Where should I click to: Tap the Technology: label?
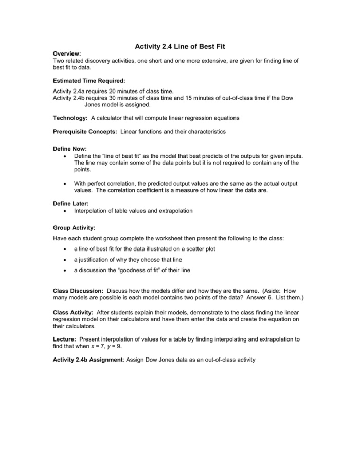point(70,118)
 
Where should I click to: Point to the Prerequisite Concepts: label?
point(85,132)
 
